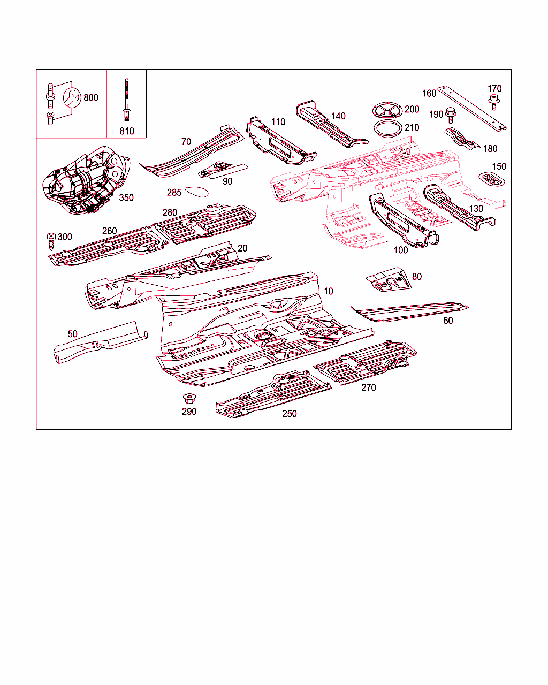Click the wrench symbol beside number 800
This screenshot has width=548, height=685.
point(72,97)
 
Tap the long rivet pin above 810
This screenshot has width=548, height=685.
point(127,100)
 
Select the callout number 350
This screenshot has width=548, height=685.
point(126,197)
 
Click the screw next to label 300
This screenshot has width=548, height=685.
point(51,241)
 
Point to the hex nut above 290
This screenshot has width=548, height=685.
point(189,399)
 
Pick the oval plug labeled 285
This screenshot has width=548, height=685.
point(196,192)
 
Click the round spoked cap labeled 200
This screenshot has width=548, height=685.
point(387,110)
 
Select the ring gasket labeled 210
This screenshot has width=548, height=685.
point(388,128)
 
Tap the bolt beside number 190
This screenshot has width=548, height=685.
point(450,115)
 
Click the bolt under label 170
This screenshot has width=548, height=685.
point(494,102)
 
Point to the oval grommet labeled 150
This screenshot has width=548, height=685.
point(492,179)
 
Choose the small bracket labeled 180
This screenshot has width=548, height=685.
point(462,139)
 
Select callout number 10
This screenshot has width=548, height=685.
point(328,291)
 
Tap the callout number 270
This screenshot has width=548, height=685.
point(368,387)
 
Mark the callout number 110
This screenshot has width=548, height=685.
point(278,122)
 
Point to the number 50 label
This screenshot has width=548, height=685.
point(73,334)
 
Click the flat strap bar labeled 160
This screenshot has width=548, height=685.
point(471,108)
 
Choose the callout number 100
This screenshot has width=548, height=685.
point(401,250)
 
